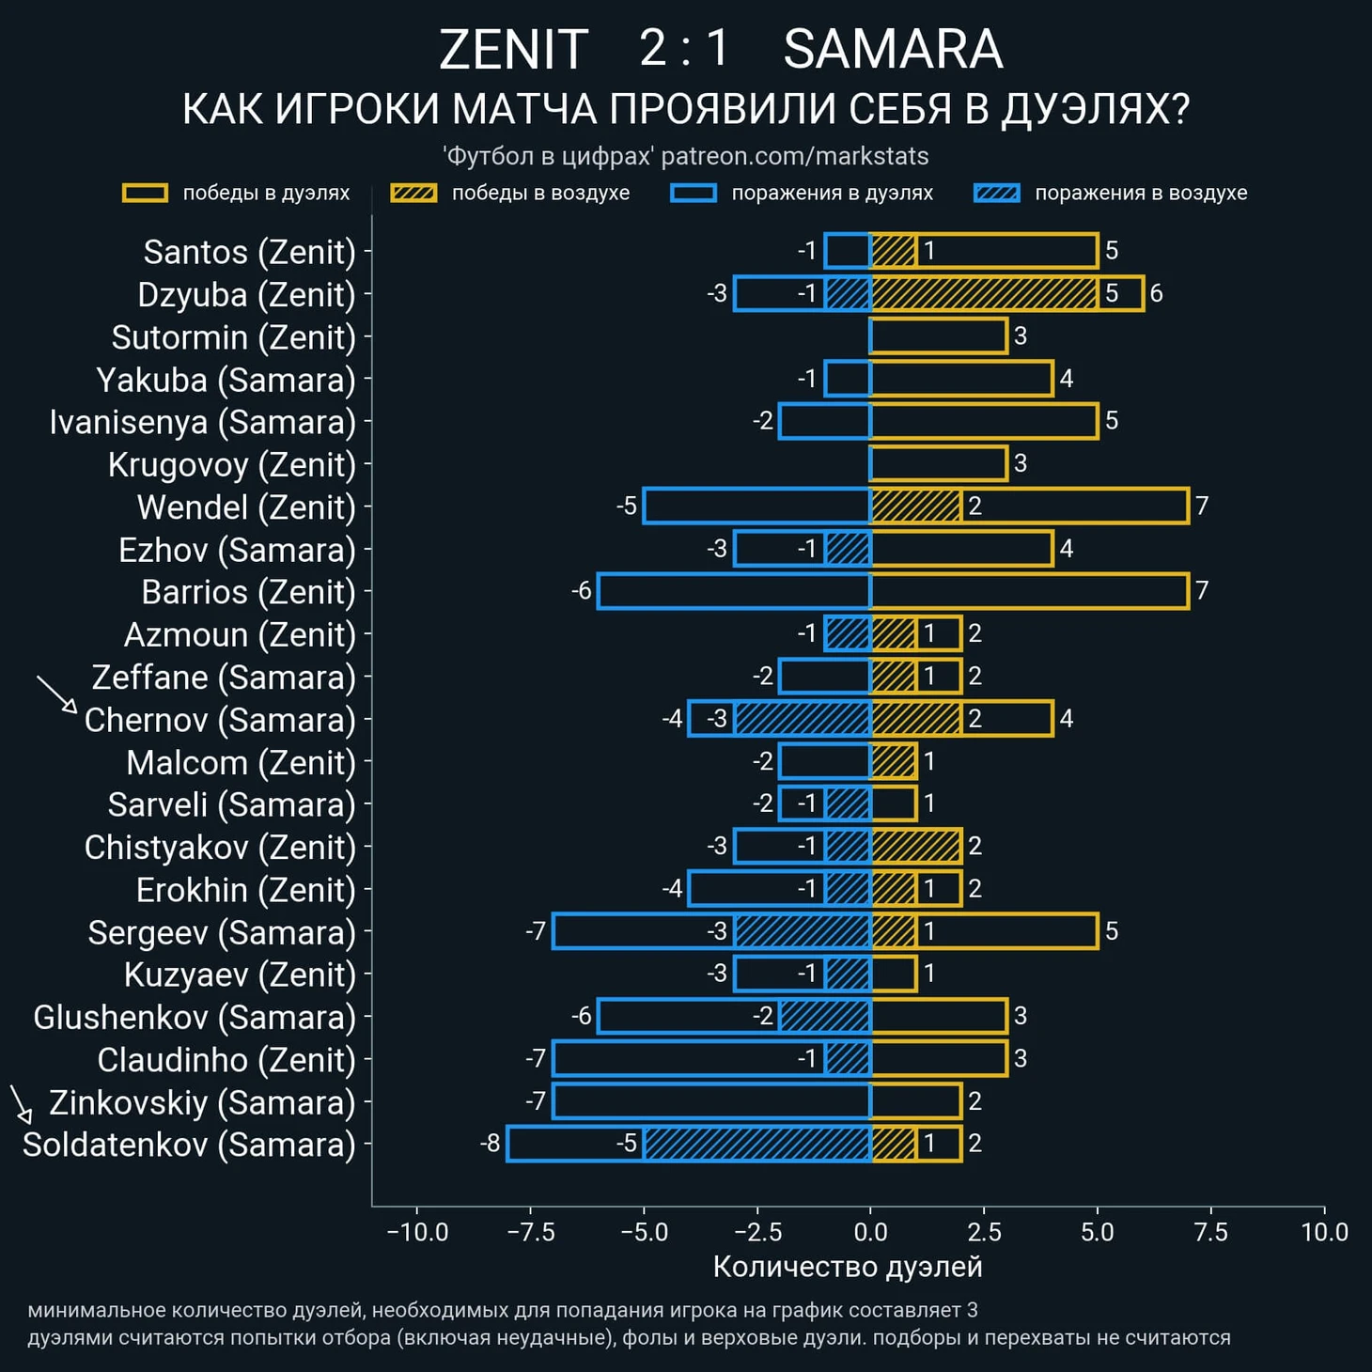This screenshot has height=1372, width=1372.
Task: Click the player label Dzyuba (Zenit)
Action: (246, 295)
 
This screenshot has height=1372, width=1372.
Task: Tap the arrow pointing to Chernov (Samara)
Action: (56, 694)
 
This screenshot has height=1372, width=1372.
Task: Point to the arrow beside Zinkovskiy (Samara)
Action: (21, 1103)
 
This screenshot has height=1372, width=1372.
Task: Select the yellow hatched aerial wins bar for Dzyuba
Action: (984, 293)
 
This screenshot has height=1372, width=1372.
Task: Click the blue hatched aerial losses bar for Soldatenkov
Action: (757, 1144)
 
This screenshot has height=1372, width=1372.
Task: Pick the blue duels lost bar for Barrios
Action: (734, 591)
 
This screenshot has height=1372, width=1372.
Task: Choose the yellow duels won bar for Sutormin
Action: (939, 336)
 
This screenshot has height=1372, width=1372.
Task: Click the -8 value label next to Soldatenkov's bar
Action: (490, 1144)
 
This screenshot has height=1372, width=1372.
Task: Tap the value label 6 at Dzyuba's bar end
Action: (1157, 293)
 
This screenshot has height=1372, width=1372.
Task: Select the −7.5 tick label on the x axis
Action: (531, 1232)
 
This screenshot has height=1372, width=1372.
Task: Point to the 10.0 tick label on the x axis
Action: (1324, 1232)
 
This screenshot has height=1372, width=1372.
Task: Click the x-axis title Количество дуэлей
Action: (848, 1267)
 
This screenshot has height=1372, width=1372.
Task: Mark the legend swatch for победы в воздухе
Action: (413, 194)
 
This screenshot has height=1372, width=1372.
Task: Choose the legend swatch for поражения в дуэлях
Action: (694, 194)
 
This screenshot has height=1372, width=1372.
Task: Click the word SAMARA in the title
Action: (893, 49)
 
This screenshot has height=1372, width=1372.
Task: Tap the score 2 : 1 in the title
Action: (684, 49)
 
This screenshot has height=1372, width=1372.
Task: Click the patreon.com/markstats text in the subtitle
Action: (795, 156)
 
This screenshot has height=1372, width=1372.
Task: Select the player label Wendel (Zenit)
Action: (246, 507)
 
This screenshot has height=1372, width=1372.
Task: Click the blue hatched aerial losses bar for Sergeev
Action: (803, 931)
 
